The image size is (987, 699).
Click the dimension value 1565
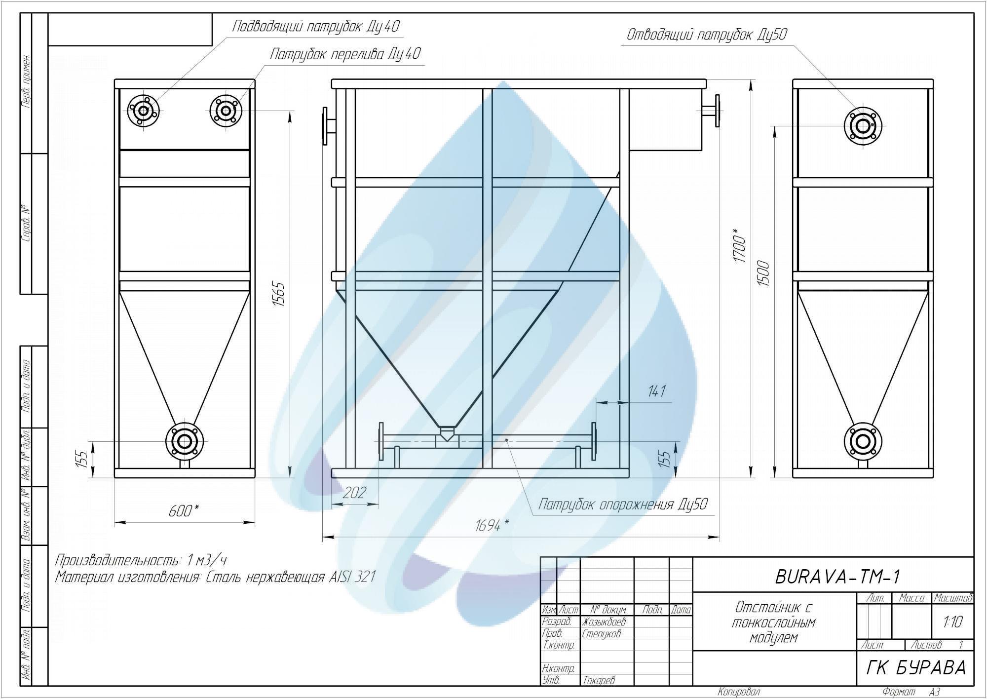pyautogui.click(x=279, y=294)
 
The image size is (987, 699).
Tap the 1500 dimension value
pyautogui.click(x=764, y=275)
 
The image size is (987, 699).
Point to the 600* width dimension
pyautogui.click(x=184, y=510)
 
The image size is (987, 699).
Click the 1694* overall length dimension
pyautogui.click(x=492, y=526)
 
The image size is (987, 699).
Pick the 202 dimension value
pyautogui.click(x=355, y=493)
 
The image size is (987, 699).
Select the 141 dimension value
pyautogui.click(x=657, y=391)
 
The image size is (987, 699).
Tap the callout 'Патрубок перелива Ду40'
pyautogui.click(x=345, y=53)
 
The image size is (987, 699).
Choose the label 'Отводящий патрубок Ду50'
pyautogui.click(x=707, y=35)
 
